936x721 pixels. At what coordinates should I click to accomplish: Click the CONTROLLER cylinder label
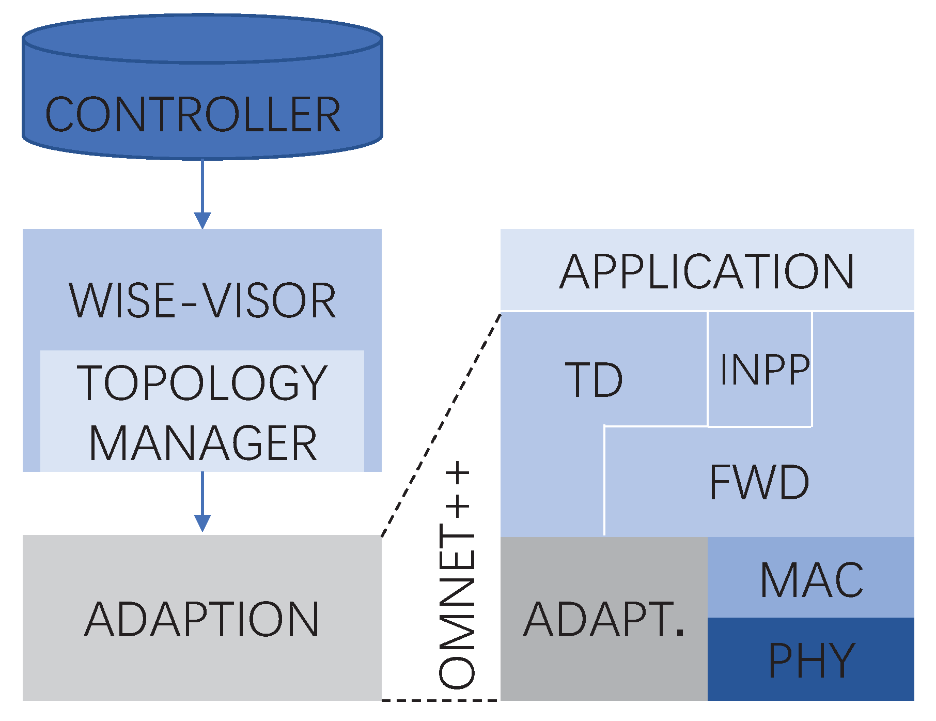[193, 114]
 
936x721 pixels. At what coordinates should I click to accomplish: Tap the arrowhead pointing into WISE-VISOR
[202, 220]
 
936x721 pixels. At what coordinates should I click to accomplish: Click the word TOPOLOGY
[202, 383]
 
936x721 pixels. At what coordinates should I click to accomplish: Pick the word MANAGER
[202, 443]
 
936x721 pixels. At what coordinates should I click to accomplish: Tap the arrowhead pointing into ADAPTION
[202, 523]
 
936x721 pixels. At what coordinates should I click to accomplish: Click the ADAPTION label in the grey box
[201, 619]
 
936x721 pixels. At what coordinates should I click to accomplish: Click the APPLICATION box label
[707, 271]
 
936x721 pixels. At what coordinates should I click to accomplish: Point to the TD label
[594, 380]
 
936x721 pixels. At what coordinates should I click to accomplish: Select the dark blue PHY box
[812, 660]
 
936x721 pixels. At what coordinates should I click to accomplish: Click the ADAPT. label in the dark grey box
[603, 619]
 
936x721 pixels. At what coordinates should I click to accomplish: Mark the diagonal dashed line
[441, 424]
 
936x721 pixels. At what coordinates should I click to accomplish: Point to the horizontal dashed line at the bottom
[440, 700]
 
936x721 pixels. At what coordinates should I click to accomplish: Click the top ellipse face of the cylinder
[202, 39]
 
